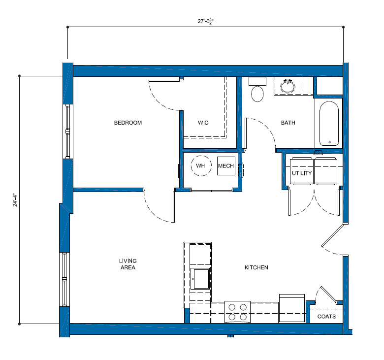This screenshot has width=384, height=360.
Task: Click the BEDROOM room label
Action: (128, 123)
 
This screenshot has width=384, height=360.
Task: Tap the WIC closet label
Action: (203, 123)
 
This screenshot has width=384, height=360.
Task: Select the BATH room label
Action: (288, 123)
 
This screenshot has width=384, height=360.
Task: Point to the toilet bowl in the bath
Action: (257, 94)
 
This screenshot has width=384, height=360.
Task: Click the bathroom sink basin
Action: (288, 86)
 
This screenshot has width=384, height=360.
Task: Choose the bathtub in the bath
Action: (329, 124)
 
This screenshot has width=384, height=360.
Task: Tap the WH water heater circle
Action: (201, 165)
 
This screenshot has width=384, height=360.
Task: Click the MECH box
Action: (226, 166)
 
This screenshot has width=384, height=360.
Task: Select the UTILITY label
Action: (302, 173)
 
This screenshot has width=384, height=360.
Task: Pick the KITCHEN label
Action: (256, 267)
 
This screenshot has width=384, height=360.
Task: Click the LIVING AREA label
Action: (128, 264)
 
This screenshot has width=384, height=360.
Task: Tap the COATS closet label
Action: (326, 316)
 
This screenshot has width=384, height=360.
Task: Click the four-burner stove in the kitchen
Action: (238, 312)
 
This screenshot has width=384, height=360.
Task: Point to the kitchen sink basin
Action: (201, 279)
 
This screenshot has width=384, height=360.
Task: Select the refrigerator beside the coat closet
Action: (292, 309)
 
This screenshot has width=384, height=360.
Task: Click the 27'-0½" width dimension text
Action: (206, 21)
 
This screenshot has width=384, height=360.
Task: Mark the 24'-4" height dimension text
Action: (15, 200)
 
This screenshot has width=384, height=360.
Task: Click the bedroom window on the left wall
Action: (67, 131)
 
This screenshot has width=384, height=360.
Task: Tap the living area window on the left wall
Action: (64, 279)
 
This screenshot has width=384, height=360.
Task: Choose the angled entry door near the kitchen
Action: (333, 235)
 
